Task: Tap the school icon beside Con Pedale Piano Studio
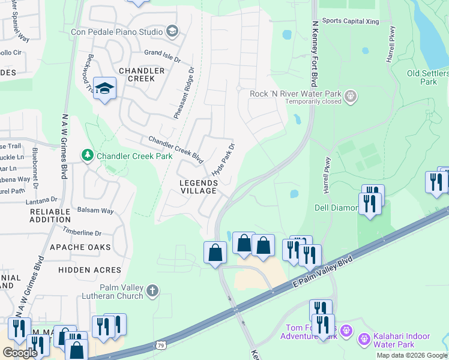(x=172, y=31)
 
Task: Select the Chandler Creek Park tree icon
(x=88, y=156)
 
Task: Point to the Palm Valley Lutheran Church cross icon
(x=152, y=292)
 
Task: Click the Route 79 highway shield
(x=160, y=345)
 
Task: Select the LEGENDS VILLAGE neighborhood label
(x=198, y=187)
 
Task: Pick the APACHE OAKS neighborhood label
(x=80, y=247)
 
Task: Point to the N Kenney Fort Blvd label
(x=314, y=54)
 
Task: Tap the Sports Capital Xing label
(x=350, y=20)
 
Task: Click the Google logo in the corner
(x=20, y=353)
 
